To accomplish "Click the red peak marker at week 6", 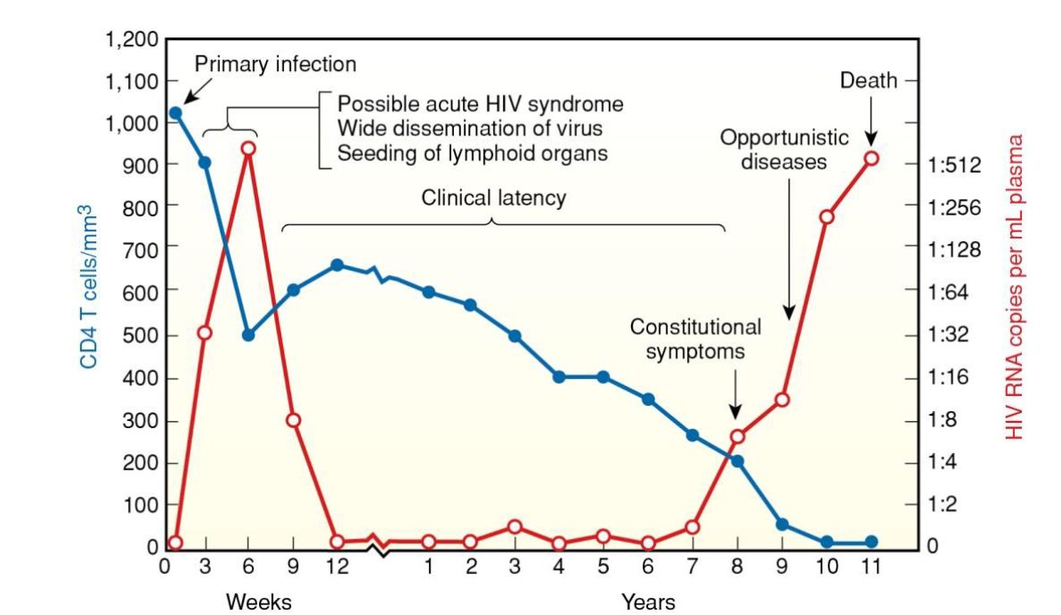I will (x=248, y=148).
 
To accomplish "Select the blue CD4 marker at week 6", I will (x=248, y=336).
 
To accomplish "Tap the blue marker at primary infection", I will (x=175, y=113).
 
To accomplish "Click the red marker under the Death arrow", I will (x=871, y=158).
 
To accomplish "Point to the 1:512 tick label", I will (x=953, y=166).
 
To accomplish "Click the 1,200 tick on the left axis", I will (x=131, y=39).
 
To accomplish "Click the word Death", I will (x=868, y=82).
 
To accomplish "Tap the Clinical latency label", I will (x=493, y=197).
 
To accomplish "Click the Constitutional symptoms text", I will (x=695, y=338).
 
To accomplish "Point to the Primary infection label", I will (x=275, y=64).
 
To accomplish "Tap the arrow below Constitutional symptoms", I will (x=735, y=397).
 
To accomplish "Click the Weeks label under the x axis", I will (x=258, y=601).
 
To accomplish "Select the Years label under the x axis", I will (x=648, y=601).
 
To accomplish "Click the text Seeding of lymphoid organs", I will (x=472, y=153).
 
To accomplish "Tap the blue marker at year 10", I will (x=827, y=542).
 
